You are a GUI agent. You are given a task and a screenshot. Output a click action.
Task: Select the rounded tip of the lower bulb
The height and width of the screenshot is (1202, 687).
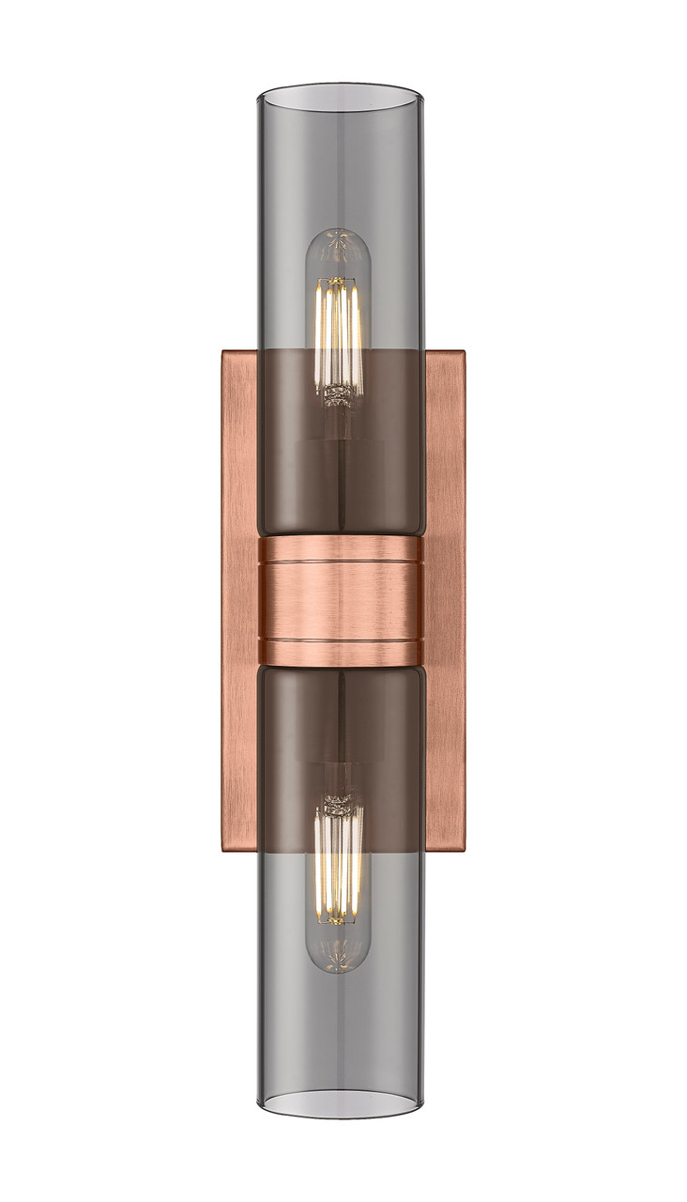[338, 965]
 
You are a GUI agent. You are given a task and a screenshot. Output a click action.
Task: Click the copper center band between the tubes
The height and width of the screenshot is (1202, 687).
[340, 601]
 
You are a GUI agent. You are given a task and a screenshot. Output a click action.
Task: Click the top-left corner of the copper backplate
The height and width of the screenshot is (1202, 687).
[223, 353]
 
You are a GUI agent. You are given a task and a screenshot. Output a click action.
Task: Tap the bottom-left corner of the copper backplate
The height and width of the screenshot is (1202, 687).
[223, 851]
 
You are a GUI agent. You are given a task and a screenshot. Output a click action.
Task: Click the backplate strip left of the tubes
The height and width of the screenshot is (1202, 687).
[240, 601]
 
